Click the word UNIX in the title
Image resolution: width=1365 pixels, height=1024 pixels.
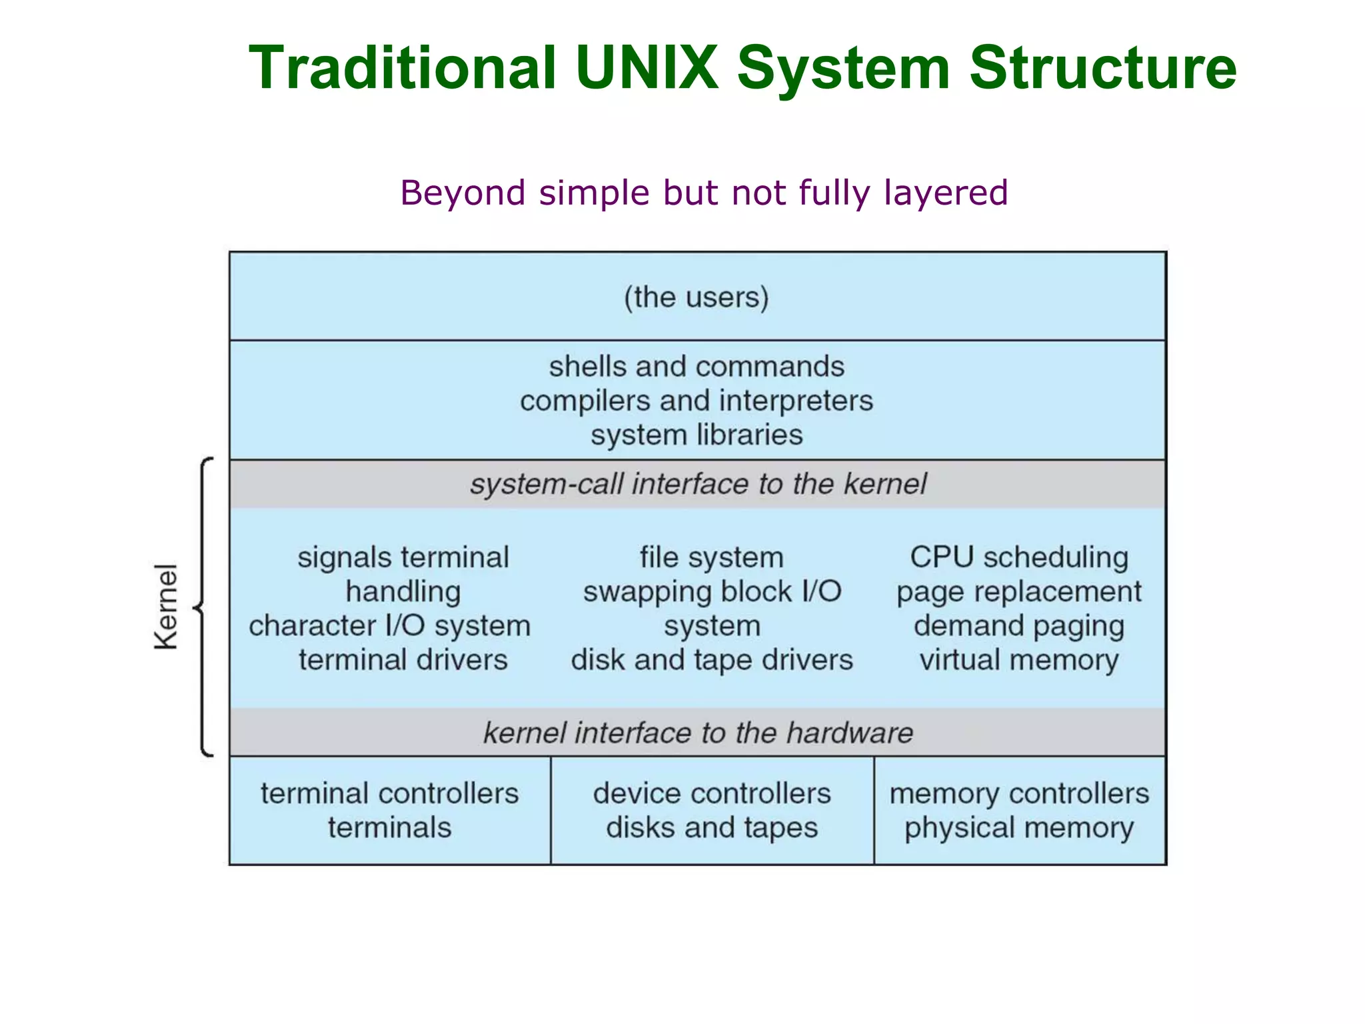coord(647,67)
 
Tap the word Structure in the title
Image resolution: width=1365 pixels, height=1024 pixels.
coord(1103,67)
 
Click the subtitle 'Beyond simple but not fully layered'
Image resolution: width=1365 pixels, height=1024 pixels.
coord(704,193)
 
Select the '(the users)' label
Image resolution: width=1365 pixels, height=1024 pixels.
coord(696,297)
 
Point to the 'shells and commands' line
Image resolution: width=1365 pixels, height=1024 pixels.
coord(696,366)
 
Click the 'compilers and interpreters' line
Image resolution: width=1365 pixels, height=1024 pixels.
coord(696,401)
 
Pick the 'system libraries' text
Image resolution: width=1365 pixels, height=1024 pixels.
coord(696,435)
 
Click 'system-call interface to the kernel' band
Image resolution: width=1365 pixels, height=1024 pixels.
coord(698,484)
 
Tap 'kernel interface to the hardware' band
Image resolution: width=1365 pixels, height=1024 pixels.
coord(698,733)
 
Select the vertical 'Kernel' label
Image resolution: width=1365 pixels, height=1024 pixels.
coord(167,606)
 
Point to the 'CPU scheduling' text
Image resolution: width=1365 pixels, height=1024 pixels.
coord(1019,557)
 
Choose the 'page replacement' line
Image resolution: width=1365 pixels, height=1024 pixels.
coord(1019,591)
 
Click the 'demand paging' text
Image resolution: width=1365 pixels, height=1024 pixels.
coord(1019,626)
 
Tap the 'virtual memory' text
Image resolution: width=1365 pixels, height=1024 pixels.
coord(1019,660)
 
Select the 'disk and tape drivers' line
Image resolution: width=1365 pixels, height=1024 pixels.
coord(712,660)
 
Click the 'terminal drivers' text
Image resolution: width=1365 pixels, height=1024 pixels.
coord(403,660)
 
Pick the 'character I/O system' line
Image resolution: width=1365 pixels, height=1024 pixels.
coord(390,626)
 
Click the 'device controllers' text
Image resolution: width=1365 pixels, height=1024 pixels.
coord(712,793)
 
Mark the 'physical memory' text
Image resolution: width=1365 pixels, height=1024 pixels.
coord(1019,828)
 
